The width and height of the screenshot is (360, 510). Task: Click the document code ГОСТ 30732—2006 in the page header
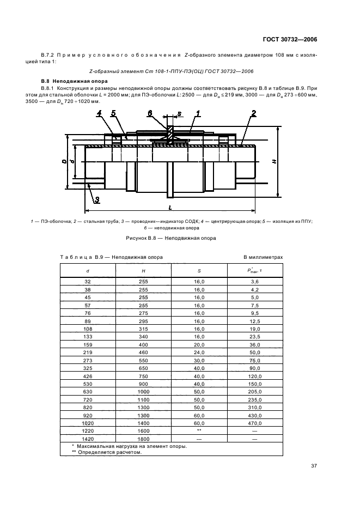(x=290, y=39)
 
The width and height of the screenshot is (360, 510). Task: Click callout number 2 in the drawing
(x=254, y=114)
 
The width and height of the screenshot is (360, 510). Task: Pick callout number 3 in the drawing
(x=96, y=200)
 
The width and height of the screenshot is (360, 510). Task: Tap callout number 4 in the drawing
(x=99, y=114)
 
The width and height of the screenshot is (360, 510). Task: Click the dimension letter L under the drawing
(x=170, y=208)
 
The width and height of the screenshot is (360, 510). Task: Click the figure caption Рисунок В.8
(x=171, y=238)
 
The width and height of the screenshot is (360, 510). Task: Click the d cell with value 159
(x=88, y=345)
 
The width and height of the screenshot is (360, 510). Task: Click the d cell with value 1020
(x=88, y=423)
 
